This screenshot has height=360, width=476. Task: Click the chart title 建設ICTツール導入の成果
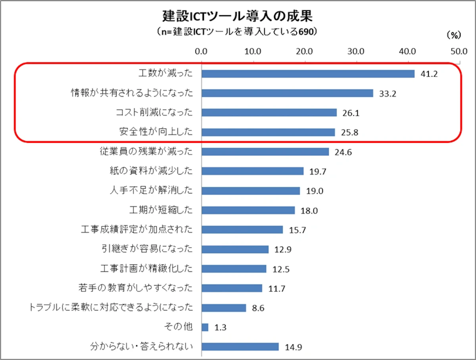[238, 16]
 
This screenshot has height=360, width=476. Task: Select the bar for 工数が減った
[308, 74]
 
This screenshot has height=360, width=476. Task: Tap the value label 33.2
[388, 94]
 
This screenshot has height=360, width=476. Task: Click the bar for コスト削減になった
[269, 113]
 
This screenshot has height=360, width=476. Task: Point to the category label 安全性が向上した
[156, 132]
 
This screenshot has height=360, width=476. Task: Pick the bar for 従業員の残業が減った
[265, 152]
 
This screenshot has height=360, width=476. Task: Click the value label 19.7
[318, 171]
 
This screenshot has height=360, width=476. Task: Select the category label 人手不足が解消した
[151, 190]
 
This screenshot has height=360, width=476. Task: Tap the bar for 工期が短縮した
[248, 210]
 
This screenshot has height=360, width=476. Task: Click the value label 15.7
[297, 230]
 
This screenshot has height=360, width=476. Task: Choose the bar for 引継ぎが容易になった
[235, 249]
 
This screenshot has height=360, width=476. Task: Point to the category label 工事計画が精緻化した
[147, 268]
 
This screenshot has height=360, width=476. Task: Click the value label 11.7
[277, 289]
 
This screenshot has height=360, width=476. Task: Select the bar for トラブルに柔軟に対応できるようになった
[224, 308]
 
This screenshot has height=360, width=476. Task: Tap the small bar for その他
[205, 327]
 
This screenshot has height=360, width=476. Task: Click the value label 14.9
[294, 347]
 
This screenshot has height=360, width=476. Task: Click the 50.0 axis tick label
[459, 52]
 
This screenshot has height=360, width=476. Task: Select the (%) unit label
[454, 35]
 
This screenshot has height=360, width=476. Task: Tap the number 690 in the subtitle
[306, 32]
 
